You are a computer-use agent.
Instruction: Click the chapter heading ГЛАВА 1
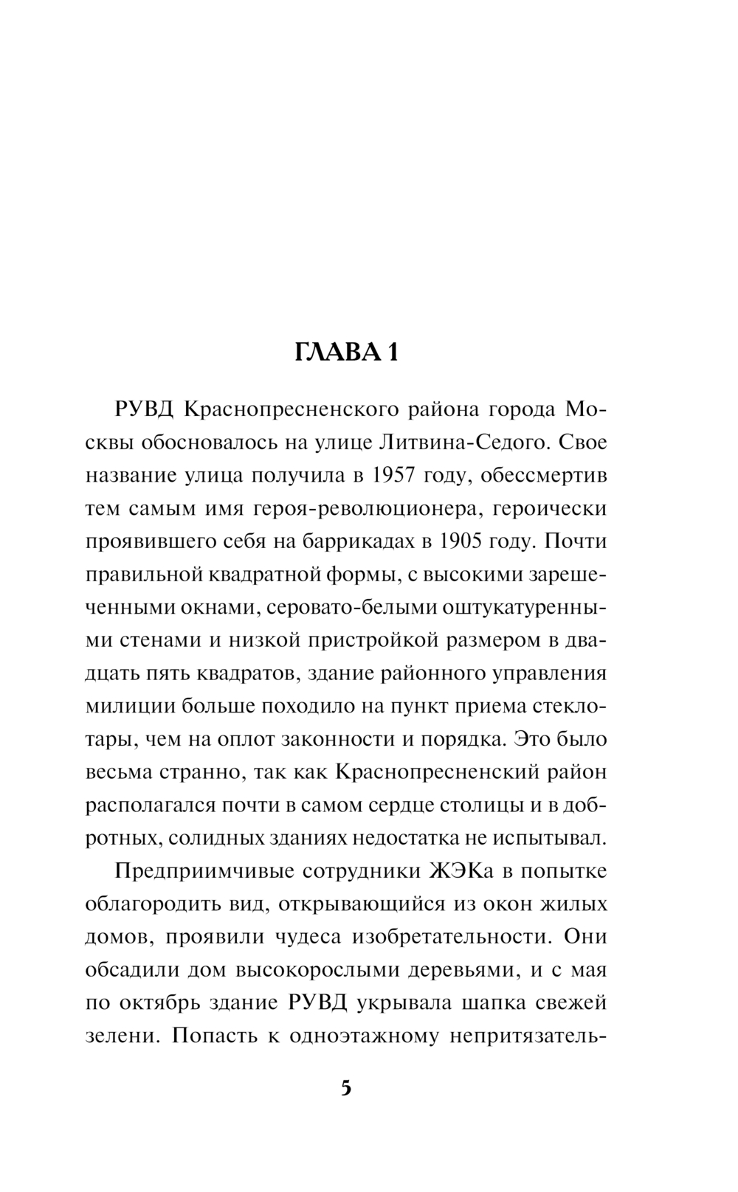(346, 353)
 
